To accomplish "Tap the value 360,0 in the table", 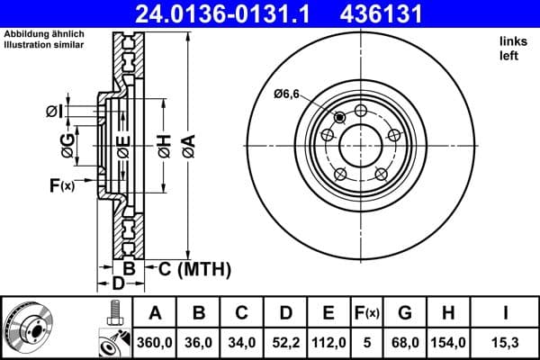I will coord(155,342).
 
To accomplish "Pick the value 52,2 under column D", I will coord(284,342).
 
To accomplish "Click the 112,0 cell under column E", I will coord(328,342).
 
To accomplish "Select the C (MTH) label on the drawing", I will coord(195,268).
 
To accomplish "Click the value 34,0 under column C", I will coord(241,342).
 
